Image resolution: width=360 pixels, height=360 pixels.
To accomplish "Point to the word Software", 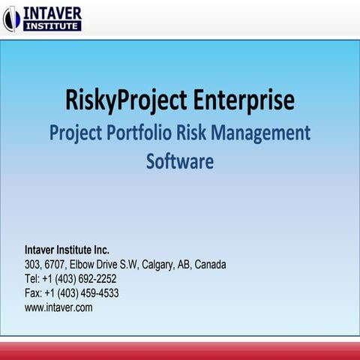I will [x=180, y=161].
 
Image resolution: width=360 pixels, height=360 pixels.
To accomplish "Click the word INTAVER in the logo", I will [x=52, y=13].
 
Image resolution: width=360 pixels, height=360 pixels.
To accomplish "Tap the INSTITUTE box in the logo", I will [x=52, y=26].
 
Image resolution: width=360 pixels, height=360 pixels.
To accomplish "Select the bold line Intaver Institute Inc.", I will [x=67, y=250].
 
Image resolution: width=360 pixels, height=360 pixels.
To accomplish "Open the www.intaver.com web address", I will [x=58, y=307].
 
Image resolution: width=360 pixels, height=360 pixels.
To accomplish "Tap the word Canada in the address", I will [x=211, y=265].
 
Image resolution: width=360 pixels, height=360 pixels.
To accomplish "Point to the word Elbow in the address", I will [x=82, y=265].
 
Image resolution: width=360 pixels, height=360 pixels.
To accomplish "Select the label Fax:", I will [x=34, y=293].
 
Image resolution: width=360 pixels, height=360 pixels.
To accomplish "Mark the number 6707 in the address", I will [x=55, y=265].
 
